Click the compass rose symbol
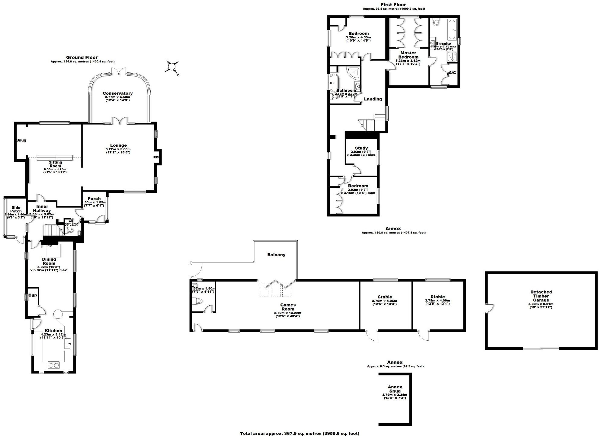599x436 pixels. pos(171,66)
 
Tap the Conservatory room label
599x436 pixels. pos(117,93)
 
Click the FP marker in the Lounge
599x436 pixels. pos(156,157)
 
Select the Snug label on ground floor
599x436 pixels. pos(21,140)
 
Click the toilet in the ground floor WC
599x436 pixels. pos(69,230)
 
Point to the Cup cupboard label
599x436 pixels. pos(32,295)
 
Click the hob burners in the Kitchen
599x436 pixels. pos(53,365)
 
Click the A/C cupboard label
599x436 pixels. pos(452,73)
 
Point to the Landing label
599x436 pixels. pos(373,99)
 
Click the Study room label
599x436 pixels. pos(361,148)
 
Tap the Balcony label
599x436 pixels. pos(276,255)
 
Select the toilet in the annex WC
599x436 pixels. pos(198,301)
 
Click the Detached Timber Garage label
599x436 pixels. pos(541,296)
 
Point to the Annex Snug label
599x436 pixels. pos(395,389)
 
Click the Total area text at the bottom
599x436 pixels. pos(299,433)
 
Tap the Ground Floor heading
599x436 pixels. pos(82,57)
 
